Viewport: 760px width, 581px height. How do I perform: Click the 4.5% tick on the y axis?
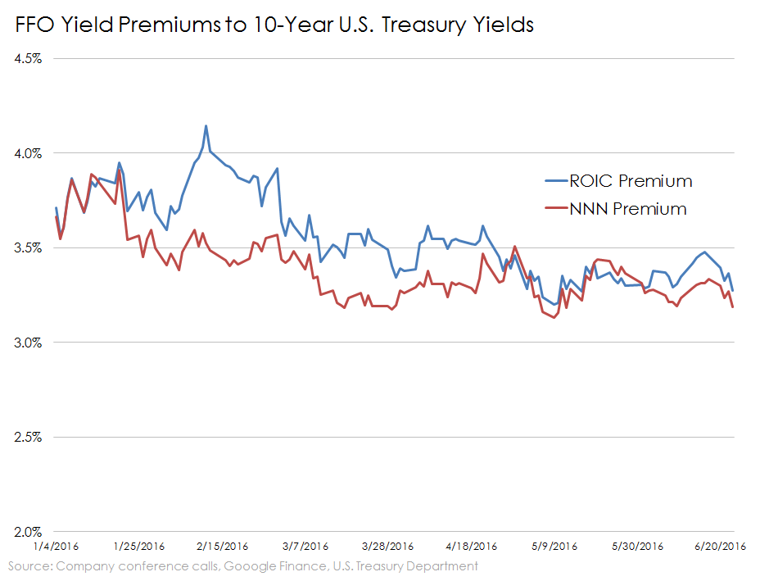coord(29,59)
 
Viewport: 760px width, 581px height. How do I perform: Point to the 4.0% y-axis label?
coord(29,153)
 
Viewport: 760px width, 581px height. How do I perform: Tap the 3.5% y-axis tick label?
coord(29,247)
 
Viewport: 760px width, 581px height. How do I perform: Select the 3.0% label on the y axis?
coord(29,343)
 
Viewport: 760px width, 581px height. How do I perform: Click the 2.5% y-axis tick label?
coord(29,437)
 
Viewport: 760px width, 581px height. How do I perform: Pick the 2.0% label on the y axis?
coord(29,531)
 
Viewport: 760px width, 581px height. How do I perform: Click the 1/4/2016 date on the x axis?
coord(56,547)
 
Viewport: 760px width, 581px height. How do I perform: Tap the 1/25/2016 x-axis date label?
coord(138,547)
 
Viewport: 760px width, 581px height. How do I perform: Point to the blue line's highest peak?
coord(206,126)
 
